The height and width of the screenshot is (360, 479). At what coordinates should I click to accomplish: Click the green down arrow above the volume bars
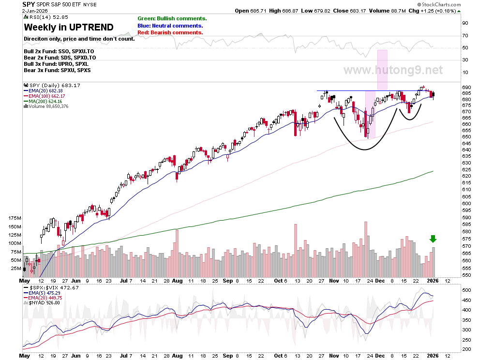[x=433, y=239]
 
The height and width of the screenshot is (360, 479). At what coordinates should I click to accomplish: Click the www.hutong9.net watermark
[x=393, y=70]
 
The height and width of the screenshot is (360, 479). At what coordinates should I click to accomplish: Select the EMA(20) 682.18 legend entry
[x=43, y=91]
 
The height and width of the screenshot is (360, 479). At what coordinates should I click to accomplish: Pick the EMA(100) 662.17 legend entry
[x=45, y=96]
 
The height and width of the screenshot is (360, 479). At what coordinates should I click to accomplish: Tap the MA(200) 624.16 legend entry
[x=43, y=101]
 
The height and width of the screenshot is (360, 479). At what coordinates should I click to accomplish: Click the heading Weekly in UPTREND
[x=69, y=27]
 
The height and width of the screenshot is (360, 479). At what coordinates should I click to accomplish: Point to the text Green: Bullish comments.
[x=172, y=19]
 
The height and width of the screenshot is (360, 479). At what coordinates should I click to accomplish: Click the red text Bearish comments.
[x=177, y=33]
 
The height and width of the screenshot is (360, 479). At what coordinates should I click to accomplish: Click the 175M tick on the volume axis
[x=15, y=218]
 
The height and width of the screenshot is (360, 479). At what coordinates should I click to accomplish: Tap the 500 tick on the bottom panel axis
[x=466, y=290]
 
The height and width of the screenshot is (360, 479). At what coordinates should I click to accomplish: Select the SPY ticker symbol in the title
[x=29, y=4]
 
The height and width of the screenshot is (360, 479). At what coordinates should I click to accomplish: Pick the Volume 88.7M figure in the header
[x=388, y=11]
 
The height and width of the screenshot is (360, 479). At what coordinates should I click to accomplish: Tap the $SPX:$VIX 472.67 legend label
[x=51, y=287]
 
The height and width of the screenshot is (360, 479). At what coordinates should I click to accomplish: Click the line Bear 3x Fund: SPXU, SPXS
[x=57, y=70]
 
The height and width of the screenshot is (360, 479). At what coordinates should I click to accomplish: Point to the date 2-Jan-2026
[x=35, y=11]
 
